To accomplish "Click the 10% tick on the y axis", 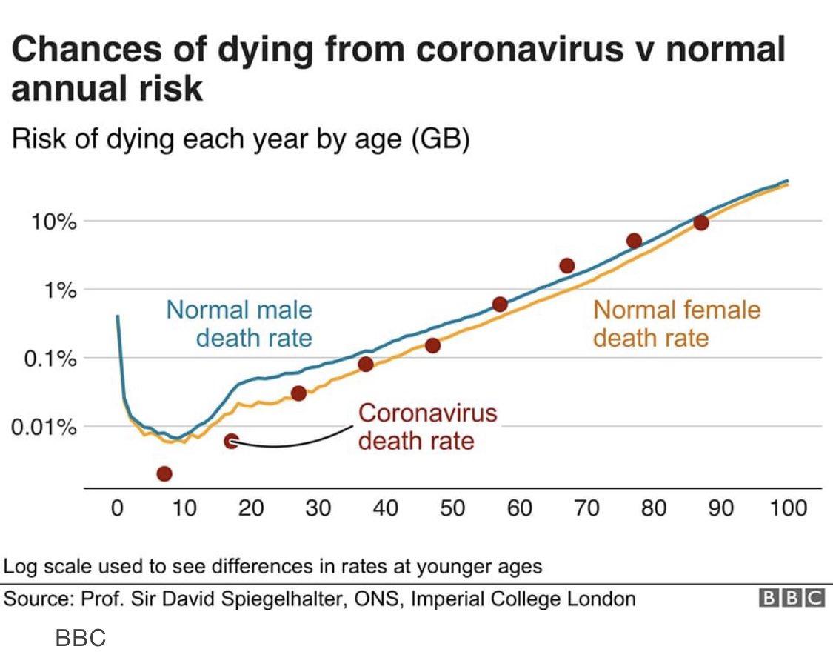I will (53, 222).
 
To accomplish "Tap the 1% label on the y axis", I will (58, 290).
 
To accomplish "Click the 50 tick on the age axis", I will (452, 508).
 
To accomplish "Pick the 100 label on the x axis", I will (788, 508).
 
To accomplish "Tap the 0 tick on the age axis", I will (117, 508).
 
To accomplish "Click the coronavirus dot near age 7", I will (164, 473).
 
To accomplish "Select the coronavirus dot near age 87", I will (701, 222).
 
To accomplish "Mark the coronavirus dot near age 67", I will (567, 265).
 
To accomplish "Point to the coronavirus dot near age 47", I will (433, 345).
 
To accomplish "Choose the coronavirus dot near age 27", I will (298, 393).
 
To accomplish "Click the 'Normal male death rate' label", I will (239, 324).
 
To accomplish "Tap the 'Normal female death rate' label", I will (676, 324).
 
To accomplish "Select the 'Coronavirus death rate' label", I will (427, 427).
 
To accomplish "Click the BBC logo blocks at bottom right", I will (791, 599).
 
